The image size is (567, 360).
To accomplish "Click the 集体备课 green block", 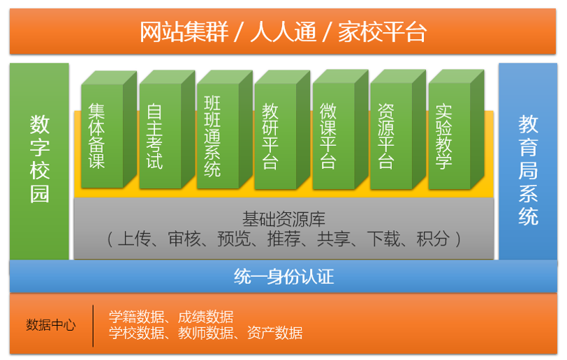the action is [109, 130].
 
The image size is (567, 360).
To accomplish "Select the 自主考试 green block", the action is [167, 130].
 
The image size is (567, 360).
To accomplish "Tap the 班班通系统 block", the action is [225, 130].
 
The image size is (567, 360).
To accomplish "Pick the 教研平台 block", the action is [282, 130].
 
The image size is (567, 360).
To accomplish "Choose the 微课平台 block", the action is [340, 130].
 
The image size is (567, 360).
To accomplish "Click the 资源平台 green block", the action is [398, 130].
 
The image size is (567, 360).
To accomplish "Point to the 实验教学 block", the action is [456, 130].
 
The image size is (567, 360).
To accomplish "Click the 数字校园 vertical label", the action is [39, 159].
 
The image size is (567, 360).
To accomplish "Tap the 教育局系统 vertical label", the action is [528, 170].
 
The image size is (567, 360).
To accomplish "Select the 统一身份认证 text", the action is [284, 277].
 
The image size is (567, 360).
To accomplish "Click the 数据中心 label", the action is [50, 325].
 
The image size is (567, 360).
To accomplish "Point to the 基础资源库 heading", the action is [284, 219].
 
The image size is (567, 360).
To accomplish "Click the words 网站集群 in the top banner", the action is [184, 32].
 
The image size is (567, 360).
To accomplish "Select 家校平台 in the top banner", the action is [382, 32].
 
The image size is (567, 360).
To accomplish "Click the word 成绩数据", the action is [205, 317].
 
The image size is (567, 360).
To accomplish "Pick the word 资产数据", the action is [275, 333].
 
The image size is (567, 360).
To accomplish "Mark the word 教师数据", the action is [205, 333].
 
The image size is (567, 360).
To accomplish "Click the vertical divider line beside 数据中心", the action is [93, 326].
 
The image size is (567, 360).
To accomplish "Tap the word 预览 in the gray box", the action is [234, 239].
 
